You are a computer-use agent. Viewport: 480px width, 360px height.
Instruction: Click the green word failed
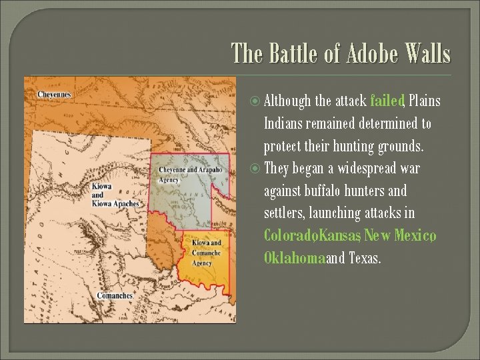pos(387,101)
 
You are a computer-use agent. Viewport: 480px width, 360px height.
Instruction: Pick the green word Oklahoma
pos(294,258)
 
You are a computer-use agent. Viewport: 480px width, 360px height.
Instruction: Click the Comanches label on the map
pos(115,295)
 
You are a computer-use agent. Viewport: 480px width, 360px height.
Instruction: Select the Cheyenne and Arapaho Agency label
pos(189,174)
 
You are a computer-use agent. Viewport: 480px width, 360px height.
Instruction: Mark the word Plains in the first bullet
pos(425,101)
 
